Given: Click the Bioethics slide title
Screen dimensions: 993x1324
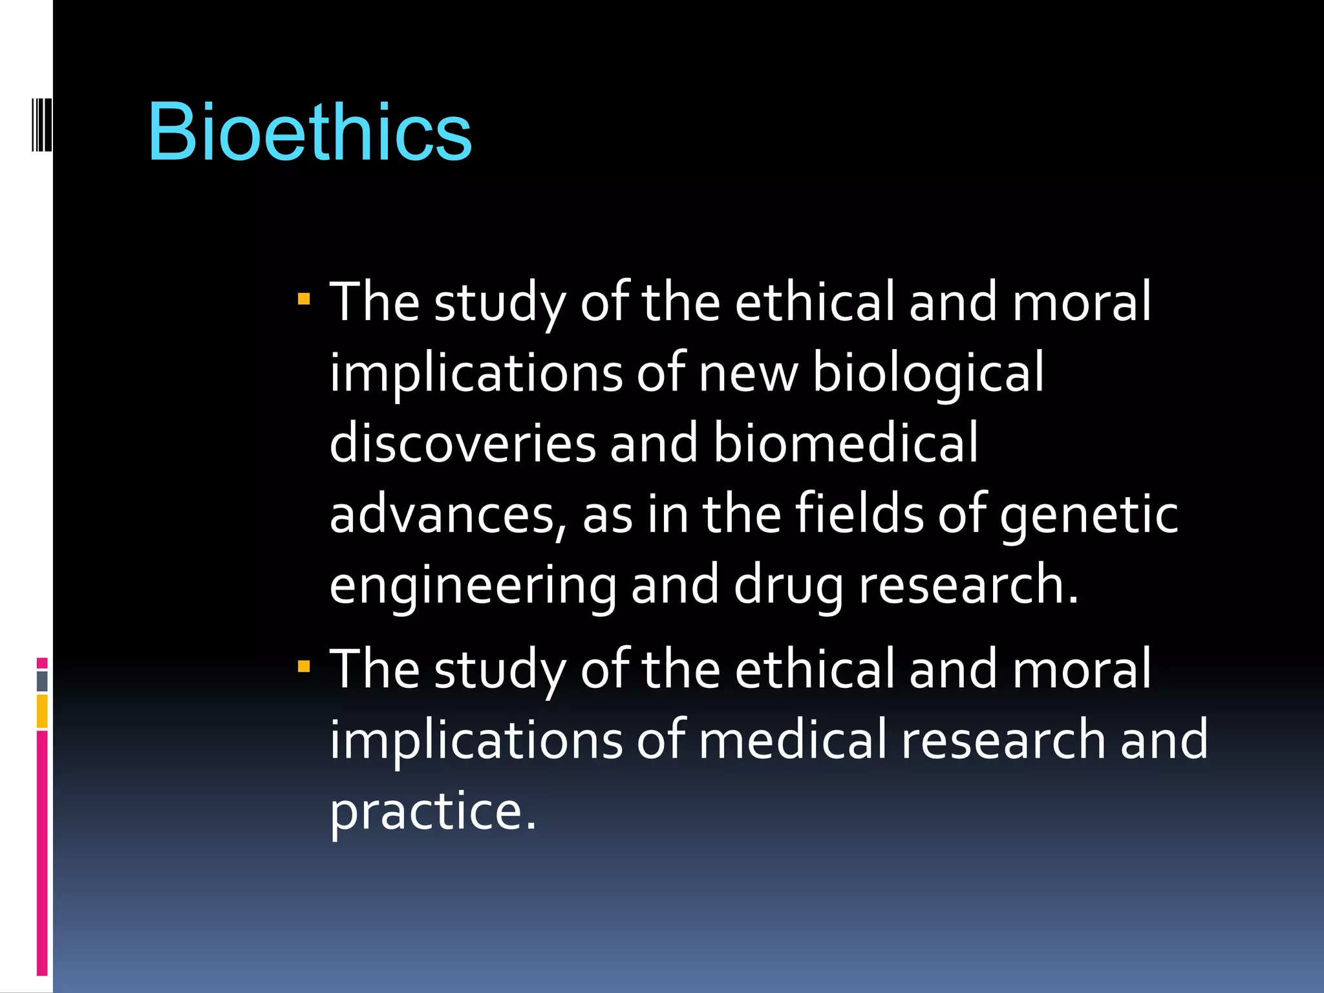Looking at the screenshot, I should [310, 133].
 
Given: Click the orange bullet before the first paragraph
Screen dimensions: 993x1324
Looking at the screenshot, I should [304, 299].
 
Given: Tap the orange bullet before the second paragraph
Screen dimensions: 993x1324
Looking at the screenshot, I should [304, 666].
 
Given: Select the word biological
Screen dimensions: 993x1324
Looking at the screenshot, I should [928, 374].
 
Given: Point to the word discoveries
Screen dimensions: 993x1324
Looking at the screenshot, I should [462, 443].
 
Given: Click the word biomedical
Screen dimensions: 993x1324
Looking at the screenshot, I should [846, 443].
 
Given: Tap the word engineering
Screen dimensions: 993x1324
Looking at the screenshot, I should [473, 586].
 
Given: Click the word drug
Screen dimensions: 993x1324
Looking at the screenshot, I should [789, 586].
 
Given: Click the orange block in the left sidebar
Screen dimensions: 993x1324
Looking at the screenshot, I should [42, 711].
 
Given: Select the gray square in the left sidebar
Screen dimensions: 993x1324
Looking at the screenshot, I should [42, 681].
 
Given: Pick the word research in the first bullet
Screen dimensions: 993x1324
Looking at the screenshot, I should [968, 584].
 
